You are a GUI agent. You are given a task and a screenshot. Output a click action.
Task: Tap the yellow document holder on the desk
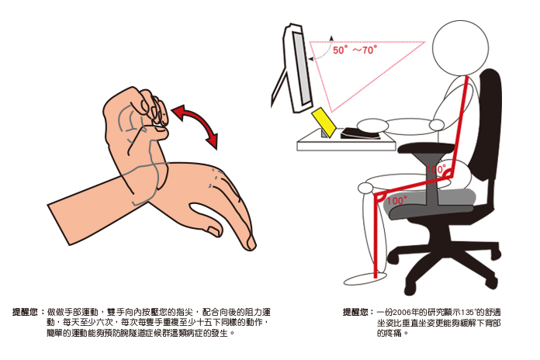(x=324, y=123)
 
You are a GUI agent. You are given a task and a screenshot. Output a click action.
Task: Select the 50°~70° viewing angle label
(x=355, y=50)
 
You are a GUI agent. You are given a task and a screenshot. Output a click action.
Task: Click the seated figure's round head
(x=460, y=48)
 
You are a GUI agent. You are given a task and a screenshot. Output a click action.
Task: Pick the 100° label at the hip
(x=436, y=169)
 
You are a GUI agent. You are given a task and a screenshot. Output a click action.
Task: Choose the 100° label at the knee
(x=396, y=200)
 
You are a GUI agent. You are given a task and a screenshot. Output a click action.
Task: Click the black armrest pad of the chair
(x=426, y=148)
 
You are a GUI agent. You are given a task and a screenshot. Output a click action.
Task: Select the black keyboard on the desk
(x=360, y=133)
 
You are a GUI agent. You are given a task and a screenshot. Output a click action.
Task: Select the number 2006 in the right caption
(x=402, y=313)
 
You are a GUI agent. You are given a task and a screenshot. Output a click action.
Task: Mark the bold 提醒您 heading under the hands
(x=25, y=312)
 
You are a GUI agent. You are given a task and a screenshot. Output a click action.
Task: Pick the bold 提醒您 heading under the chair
(x=355, y=312)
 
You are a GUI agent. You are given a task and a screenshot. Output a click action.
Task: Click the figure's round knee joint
(x=365, y=188)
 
